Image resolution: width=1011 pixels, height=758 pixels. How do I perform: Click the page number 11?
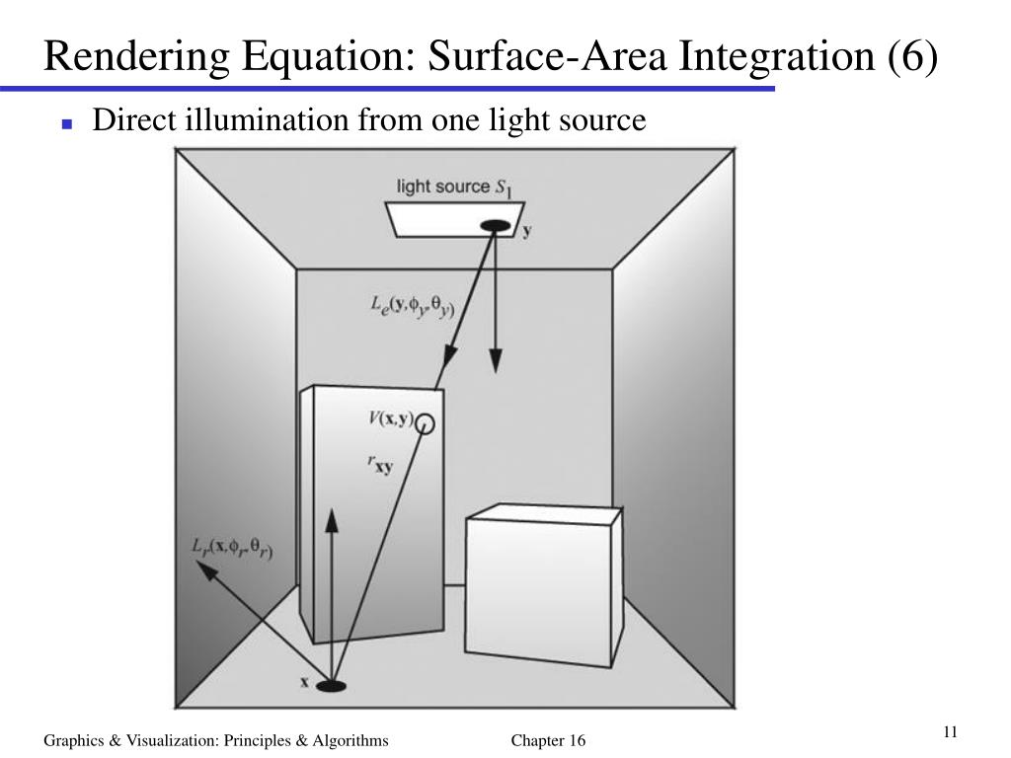(x=951, y=731)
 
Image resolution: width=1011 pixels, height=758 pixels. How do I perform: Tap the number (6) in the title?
(x=910, y=57)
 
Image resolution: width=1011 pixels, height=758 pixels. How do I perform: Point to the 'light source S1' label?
(x=453, y=187)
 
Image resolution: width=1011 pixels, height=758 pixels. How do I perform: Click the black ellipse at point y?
(x=495, y=226)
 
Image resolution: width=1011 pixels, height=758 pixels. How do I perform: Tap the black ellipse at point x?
(x=332, y=685)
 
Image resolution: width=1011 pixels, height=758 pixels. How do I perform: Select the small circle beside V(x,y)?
(x=426, y=423)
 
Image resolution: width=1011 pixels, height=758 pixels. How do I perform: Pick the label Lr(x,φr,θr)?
(x=232, y=549)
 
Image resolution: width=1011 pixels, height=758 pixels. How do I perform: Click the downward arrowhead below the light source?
(x=496, y=364)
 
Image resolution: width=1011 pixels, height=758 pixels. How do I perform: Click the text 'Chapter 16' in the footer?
(x=548, y=741)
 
